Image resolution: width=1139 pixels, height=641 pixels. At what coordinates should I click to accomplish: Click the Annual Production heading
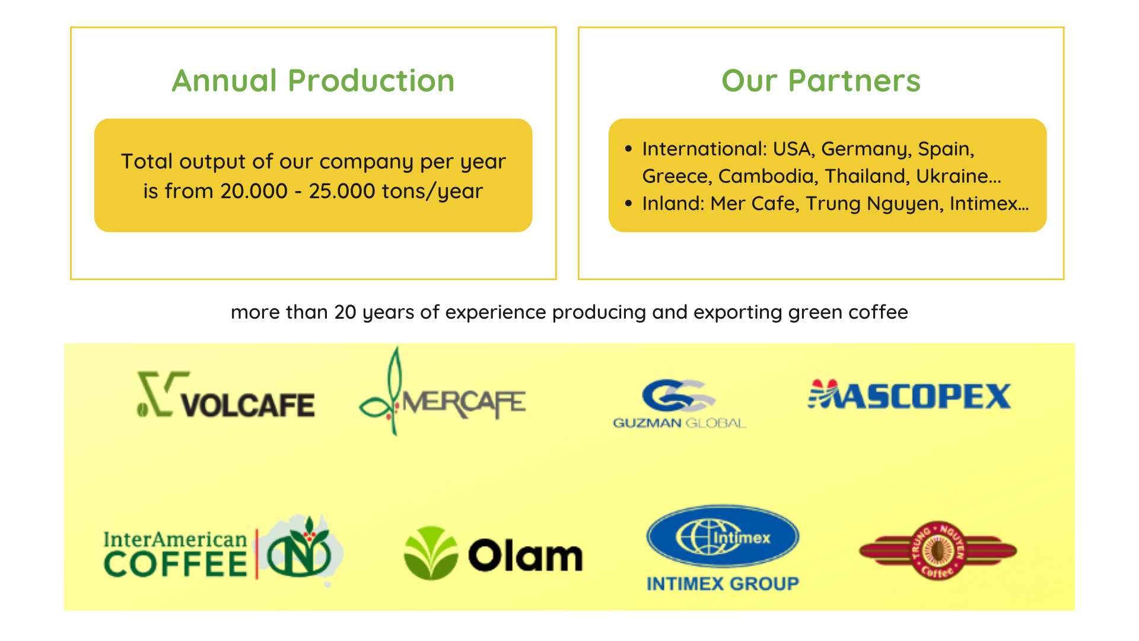[313, 81]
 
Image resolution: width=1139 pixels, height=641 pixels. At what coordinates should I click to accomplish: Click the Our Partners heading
[821, 81]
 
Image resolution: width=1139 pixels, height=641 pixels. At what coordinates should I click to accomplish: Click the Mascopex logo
[909, 395]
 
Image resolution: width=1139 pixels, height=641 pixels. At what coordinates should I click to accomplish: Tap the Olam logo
[493, 553]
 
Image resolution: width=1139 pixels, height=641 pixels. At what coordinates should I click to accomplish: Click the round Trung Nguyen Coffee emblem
[938, 551]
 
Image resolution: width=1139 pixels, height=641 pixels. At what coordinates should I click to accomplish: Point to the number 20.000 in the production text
[254, 191]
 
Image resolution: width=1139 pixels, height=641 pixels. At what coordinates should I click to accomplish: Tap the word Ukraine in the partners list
[952, 176]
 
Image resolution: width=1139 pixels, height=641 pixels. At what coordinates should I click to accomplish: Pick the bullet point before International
[629, 148]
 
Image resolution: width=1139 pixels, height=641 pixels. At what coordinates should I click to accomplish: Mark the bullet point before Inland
[629, 204]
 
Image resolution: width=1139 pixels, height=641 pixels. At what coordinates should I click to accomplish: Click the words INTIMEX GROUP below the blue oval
[723, 584]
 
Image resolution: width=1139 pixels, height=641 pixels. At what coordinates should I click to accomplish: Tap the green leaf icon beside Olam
[431, 553]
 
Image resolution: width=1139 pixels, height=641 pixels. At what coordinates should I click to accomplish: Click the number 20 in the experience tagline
[345, 312]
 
